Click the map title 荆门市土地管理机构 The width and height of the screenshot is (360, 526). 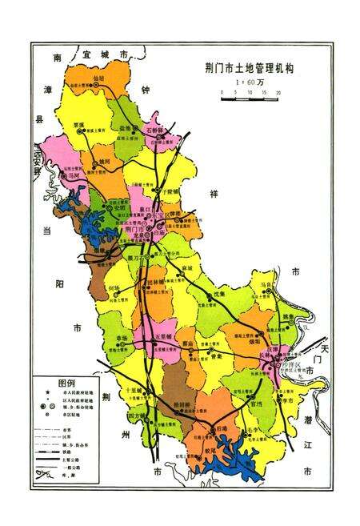(248, 69)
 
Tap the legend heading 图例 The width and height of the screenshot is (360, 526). (66, 382)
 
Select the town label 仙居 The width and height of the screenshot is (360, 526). (98, 78)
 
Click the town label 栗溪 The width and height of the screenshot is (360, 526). (77, 125)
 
